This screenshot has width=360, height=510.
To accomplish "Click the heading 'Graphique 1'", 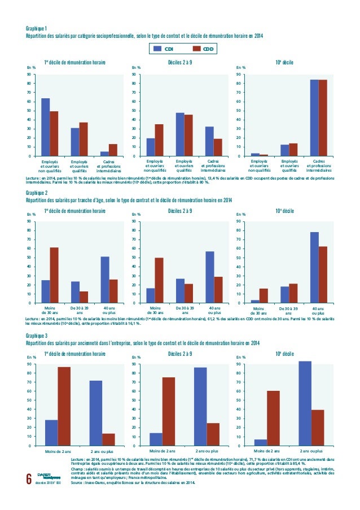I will tap(37, 28).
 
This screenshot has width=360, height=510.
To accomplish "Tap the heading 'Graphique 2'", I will tap(37, 193).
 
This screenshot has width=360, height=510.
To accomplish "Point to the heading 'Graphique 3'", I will tap(37, 335).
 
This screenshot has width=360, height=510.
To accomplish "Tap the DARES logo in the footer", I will tap(45, 476).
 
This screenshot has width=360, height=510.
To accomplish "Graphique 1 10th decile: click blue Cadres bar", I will tap(314, 118).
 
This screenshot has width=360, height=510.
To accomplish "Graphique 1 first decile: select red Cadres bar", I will tap(113, 150).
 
